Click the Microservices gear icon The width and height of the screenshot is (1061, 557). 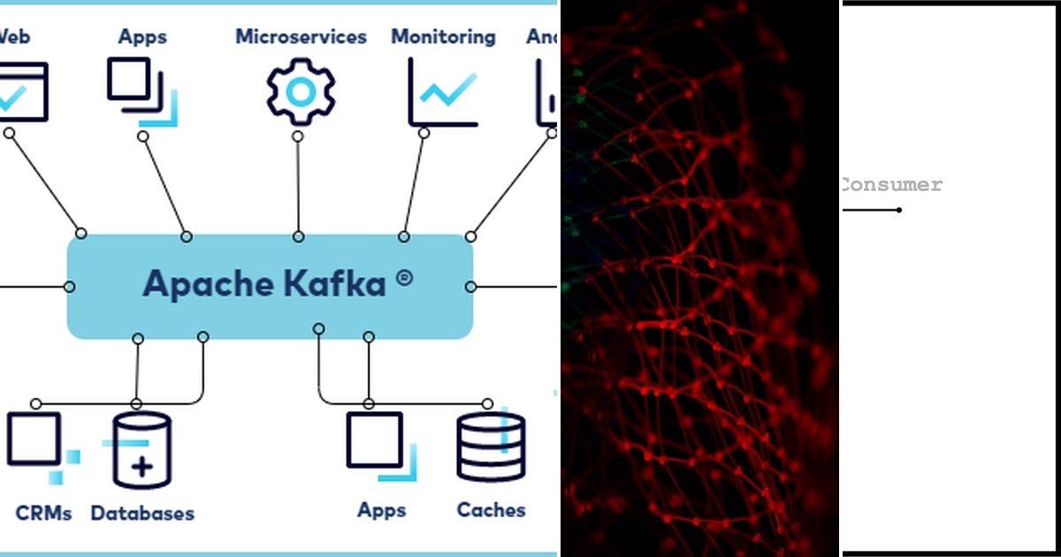click(x=301, y=91)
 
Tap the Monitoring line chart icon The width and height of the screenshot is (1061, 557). click(x=443, y=92)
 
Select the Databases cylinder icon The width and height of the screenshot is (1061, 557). click(x=141, y=450)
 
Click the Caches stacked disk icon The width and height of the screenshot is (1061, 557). click(x=491, y=447)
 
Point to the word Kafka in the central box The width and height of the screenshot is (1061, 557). click(x=336, y=284)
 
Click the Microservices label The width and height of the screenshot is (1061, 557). click(x=301, y=37)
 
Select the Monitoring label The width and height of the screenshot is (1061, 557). click(x=443, y=37)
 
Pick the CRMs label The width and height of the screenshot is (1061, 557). click(x=43, y=513)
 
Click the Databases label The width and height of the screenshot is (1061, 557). click(x=142, y=514)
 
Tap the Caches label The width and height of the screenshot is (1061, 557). click(x=491, y=510)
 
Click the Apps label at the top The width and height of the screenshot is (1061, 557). click(x=143, y=37)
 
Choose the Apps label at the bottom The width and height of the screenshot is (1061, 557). click(x=382, y=510)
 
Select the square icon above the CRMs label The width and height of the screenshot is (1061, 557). click(x=34, y=439)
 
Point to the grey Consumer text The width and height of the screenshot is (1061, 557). click(x=890, y=185)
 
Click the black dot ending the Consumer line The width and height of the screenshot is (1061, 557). click(x=899, y=210)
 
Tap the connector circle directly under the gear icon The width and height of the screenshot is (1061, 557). click(x=298, y=136)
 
